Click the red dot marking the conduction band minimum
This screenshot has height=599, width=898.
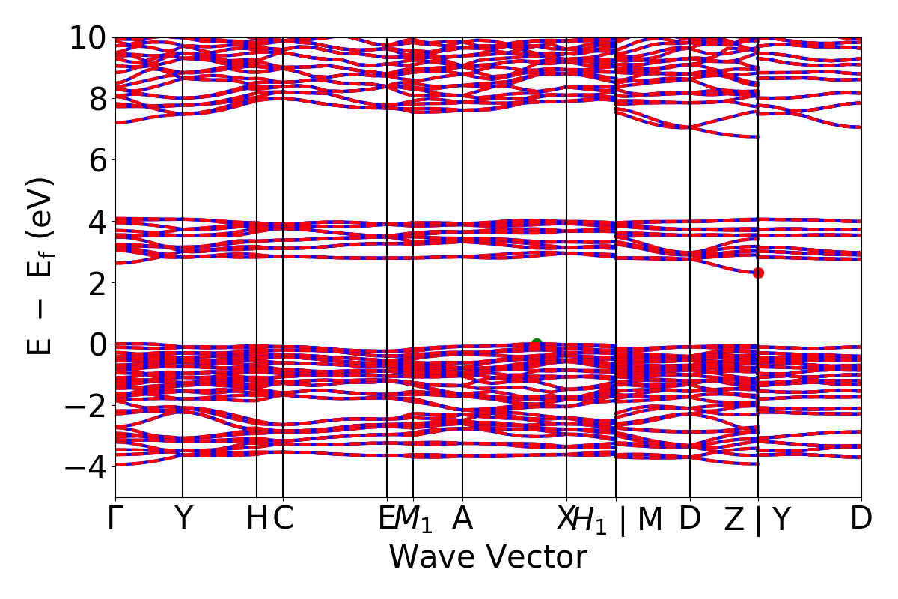(x=758, y=273)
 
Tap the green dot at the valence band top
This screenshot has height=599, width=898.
(x=537, y=344)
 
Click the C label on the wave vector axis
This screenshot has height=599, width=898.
(x=283, y=519)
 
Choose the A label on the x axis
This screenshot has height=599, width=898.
(x=462, y=519)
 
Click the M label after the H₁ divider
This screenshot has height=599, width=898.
(x=650, y=519)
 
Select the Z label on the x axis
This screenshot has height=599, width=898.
(x=734, y=519)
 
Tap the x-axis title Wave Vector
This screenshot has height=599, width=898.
(x=488, y=558)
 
